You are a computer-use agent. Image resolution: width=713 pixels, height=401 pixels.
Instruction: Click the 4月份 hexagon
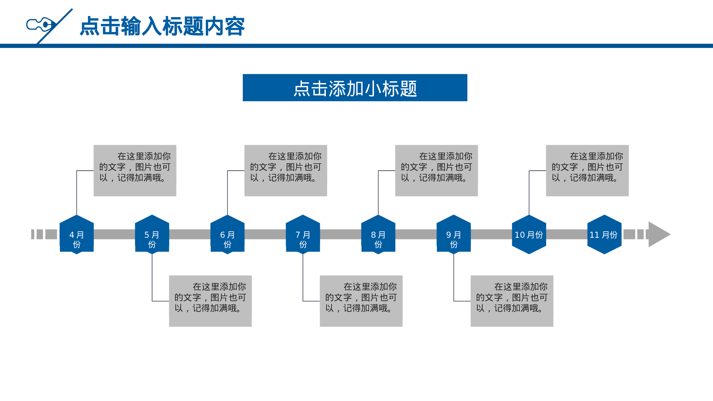pyautogui.click(x=77, y=235)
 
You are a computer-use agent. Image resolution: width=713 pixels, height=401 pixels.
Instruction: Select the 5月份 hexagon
pyautogui.click(x=152, y=235)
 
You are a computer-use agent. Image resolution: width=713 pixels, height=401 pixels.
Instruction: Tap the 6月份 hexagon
pyautogui.click(x=227, y=235)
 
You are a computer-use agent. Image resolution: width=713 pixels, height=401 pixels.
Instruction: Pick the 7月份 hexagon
pyautogui.click(x=303, y=235)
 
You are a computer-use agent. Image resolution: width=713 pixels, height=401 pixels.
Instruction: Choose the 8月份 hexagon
pyautogui.click(x=378, y=235)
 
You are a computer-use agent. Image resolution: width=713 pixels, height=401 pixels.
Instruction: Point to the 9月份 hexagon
pyautogui.click(x=453, y=235)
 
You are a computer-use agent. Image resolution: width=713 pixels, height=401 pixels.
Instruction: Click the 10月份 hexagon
pyautogui.click(x=529, y=235)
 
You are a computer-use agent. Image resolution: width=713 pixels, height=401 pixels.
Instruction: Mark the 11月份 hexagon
pyautogui.click(x=604, y=235)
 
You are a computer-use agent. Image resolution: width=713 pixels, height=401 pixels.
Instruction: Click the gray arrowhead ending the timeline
pyautogui.click(x=658, y=234)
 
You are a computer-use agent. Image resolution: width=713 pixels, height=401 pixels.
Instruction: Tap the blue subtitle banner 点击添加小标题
pyautogui.click(x=355, y=88)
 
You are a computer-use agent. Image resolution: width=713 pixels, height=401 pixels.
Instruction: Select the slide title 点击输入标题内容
pyautogui.click(x=162, y=26)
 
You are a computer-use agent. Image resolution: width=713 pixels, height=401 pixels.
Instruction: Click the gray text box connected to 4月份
pyautogui.click(x=135, y=170)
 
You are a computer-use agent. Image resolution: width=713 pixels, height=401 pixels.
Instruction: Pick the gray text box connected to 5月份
pyautogui.click(x=210, y=301)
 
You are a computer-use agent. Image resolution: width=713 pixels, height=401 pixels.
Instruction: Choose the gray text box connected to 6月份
pyautogui.click(x=286, y=170)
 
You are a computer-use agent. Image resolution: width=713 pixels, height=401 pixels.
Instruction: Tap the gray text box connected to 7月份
pyautogui.click(x=361, y=301)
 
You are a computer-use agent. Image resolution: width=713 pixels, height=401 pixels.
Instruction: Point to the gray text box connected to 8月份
pyautogui.click(x=436, y=170)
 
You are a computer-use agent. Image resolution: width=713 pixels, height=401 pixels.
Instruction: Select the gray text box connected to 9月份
pyautogui.click(x=512, y=301)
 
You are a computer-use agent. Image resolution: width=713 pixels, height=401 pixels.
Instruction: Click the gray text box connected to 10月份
pyautogui.click(x=587, y=170)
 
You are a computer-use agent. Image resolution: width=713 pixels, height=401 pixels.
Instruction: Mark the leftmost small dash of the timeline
pyautogui.click(x=33, y=234)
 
